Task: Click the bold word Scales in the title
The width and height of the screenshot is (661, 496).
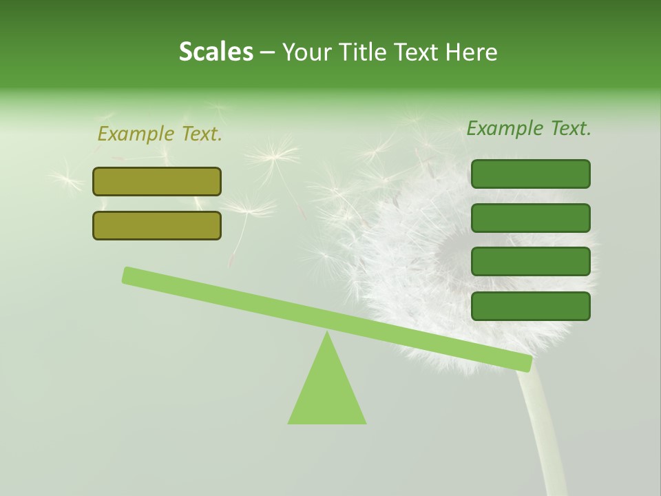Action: pyautogui.click(x=216, y=52)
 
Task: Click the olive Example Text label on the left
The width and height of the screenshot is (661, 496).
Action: pyautogui.click(x=160, y=134)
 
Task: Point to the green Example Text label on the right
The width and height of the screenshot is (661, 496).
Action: pyautogui.click(x=529, y=128)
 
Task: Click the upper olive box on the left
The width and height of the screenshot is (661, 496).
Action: pyautogui.click(x=157, y=182)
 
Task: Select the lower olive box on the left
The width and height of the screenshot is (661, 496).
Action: pyautogui.click(x=157, y=225)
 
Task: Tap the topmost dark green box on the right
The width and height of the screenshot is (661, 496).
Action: pyautogui.click(x=530, y=174)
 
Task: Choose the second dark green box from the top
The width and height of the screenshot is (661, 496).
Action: pyautogui.click(x=530, y=218)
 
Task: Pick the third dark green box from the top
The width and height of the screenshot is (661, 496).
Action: pyautogui.click(x=530, y=262)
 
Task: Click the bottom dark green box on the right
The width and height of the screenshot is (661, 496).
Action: pyautogui.click(x=530, y=306)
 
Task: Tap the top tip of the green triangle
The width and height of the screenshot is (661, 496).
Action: pyautogui.click(x=327, y=334)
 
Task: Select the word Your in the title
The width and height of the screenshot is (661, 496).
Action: pyautogui.click(x=306, y=52)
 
